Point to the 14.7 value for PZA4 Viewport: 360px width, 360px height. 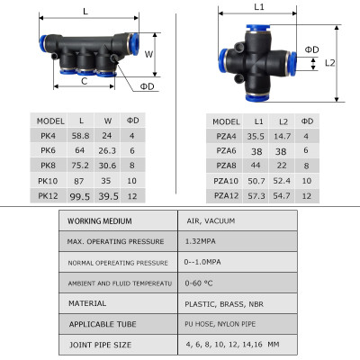click(282, 137)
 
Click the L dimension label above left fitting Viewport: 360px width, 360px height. click(85, 12)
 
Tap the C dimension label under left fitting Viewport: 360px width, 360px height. click(85, 80)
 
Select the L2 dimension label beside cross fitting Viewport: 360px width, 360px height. click(329, 62)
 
